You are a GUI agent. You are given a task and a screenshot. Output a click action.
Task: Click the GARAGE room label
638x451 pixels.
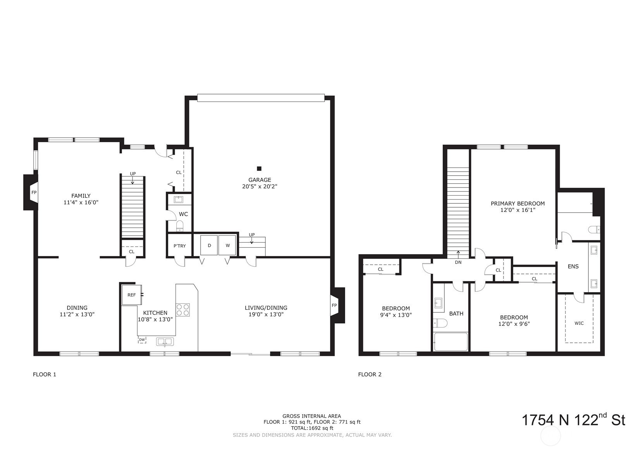coord(260,180)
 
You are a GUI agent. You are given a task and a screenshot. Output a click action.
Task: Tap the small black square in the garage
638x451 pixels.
coord(259,169)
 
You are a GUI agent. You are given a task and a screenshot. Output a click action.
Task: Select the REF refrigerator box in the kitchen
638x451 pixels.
coord(131,295)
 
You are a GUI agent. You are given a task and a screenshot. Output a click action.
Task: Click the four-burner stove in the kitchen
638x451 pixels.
coord(183,310)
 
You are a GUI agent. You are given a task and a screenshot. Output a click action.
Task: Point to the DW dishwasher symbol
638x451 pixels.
coord(142,339)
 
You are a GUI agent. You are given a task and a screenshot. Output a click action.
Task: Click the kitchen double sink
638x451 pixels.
coord(165,341)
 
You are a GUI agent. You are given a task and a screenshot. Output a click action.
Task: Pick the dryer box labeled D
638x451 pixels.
coord(209,245)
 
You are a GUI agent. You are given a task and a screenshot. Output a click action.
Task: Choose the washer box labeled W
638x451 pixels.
coord(227,245)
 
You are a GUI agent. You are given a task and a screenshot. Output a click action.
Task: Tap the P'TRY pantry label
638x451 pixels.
coord(179,246)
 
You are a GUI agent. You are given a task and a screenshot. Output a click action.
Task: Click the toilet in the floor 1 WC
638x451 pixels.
coord(180,226)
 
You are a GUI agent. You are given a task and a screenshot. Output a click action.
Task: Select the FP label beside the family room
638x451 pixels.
coord(34,193)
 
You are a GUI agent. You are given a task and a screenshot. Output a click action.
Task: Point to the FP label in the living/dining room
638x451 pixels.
coord(334,305)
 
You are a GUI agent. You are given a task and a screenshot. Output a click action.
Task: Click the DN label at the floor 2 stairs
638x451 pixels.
coord(458,262)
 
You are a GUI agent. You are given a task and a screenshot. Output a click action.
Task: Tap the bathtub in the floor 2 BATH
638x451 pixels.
coord(451,342)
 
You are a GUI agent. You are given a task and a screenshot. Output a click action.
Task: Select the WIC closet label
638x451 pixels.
coord(579,323)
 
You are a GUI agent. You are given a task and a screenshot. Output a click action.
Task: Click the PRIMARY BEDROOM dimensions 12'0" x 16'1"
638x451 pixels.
coord(518,210)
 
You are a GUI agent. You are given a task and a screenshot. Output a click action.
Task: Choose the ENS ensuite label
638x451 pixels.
coord(573,267)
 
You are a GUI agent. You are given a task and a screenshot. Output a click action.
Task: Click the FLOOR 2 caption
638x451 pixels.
coord(370,374)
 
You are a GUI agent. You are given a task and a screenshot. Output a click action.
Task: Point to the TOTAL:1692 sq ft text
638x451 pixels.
coord(312,428)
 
